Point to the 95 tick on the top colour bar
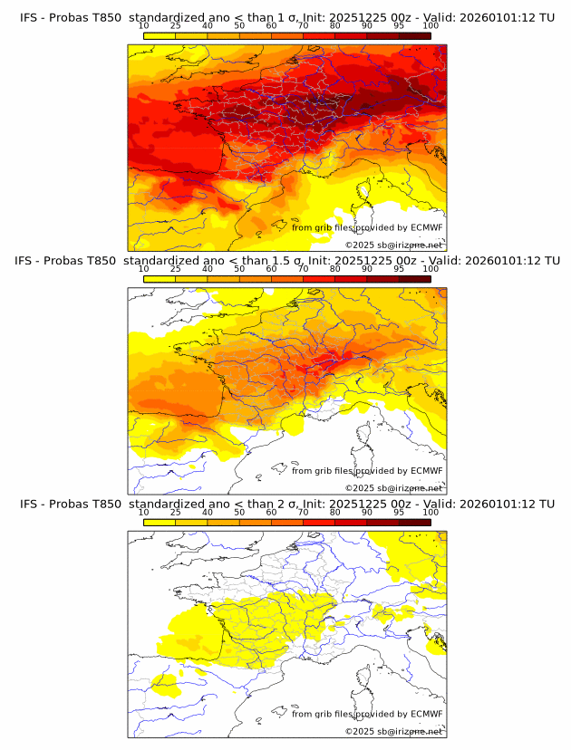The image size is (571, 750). pos(399,25)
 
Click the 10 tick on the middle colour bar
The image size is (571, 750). pos(144,268)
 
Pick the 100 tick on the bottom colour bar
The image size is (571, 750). pos(431,512)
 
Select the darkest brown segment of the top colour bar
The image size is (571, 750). pos(415,34)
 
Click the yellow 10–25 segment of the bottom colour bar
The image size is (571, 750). pos(160,522)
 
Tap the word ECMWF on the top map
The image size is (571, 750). pos(426,227)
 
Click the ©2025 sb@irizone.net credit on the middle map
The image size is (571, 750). pos(393,487)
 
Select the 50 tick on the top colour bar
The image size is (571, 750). pos(239,25)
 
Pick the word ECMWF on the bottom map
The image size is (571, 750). pos(426,714)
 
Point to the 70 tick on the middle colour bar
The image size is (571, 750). pos(303,268)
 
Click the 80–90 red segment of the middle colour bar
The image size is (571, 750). pos(351,278)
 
